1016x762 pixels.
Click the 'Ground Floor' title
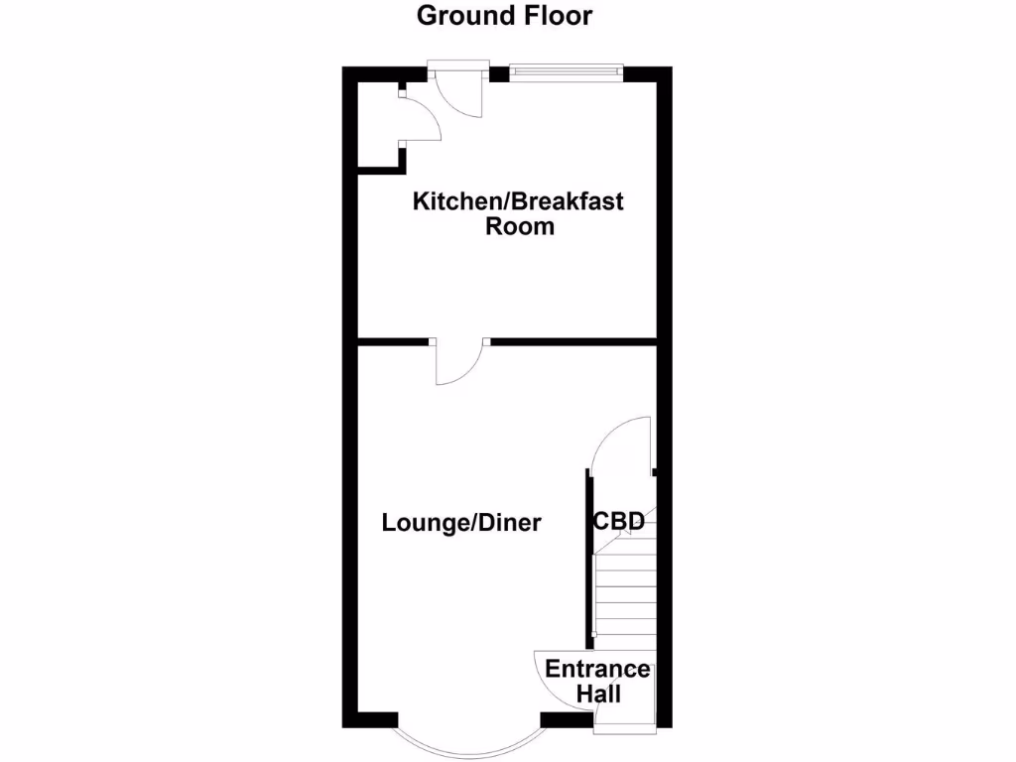(504, 16)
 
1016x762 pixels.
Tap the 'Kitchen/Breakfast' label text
(518, 202)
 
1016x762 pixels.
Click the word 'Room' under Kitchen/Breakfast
(519, 226)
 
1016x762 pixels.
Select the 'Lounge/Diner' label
(461, 523)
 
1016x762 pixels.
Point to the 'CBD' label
(618, 521)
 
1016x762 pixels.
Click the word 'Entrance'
(597, 669)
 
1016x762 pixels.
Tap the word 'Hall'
(598, 693)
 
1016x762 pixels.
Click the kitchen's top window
(567, 71)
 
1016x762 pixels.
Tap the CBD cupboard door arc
(620, 442)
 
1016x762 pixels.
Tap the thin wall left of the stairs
(589, 556)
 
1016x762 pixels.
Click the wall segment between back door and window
(499, 72)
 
